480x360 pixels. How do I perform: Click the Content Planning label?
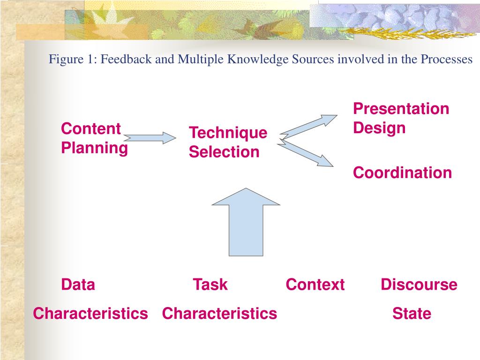coord(94,138)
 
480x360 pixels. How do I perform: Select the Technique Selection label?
coord(228,142)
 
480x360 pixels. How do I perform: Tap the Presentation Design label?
coord(401,118)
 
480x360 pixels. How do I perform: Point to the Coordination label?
coord(402,172)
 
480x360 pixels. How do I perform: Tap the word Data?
coord(78,285)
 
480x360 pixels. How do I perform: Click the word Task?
coord(210,285)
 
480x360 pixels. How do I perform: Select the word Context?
coord(315,285)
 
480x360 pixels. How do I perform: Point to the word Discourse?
coord(419,285)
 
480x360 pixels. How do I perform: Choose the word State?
coord(412,313)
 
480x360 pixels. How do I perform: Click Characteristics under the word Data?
coord(90,313)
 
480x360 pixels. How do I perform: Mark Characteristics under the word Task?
coord(219,313)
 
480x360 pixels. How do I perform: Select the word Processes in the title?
coord(446,60)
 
